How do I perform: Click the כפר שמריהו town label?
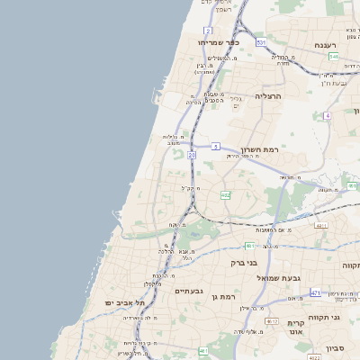[219, 41]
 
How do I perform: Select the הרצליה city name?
[268, 95]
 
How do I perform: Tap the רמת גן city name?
[222, 296]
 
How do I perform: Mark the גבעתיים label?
[190, 291]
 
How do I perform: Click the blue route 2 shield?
[208, 31]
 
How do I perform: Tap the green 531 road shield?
[260, 42]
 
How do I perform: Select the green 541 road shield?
[334, 56]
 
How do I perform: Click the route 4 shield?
[328, 116]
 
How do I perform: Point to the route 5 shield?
[216, 146]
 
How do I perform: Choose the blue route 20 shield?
[192, 155]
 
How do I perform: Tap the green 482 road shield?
[225, 194]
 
